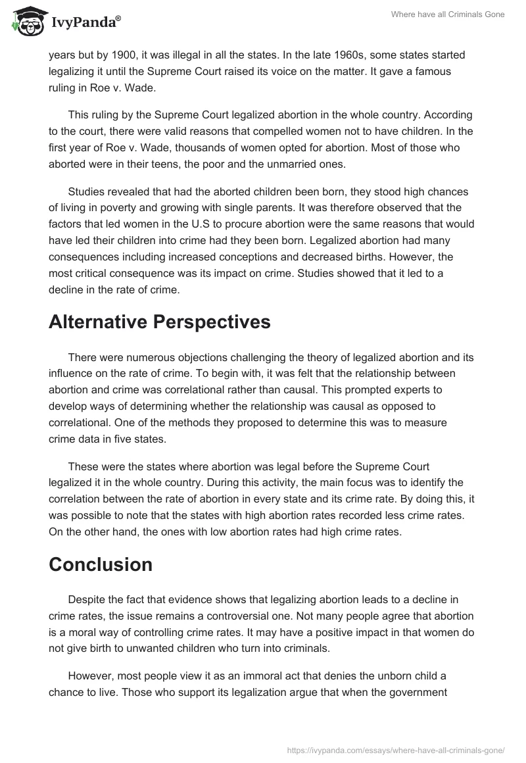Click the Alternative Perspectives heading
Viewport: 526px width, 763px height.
(159, 322)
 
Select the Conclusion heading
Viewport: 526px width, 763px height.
(101, 564)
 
